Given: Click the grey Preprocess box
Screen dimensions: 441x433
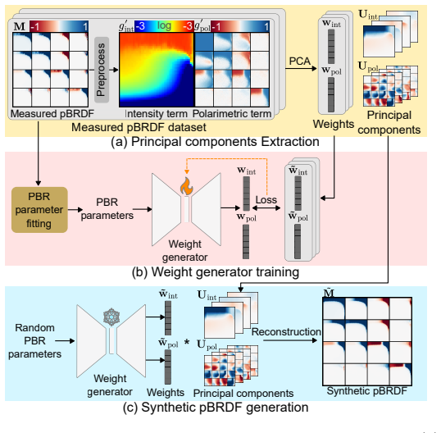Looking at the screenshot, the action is click(x=102, y=70).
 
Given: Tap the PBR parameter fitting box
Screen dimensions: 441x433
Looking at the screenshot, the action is click(x=39, y=210).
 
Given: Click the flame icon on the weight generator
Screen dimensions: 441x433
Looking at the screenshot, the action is click(x=186, y=186).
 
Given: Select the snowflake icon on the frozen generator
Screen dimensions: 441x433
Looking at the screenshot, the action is click(x=111, y=317).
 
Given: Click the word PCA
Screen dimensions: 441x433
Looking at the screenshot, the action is click(x=300, y=61).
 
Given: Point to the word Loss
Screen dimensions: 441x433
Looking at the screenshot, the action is click(x=266, y=200).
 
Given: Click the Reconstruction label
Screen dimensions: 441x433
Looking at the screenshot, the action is click(x=286, y=331).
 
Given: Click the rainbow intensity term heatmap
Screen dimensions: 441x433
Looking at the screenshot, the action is click(x=157, y=70).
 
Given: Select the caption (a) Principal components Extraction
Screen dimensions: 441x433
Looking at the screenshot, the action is click(x=215, y=142).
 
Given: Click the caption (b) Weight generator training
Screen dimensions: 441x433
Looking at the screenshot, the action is click(x=216, y=272).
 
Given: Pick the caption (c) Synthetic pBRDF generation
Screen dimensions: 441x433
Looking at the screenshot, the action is click(x=216, y=407).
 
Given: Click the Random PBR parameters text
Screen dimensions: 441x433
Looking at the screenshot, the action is click(x=34, y=340).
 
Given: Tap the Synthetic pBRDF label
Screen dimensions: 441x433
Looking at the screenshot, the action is click(x=367, y=391).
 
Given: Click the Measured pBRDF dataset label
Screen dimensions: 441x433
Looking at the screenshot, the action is click(x=139, y=127).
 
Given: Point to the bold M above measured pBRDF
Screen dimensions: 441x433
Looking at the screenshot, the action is click(x=20, y=26).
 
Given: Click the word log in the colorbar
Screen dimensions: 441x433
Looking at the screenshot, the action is click(x=164, y=25).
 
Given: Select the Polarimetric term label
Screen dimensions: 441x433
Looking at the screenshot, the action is click(x=232, y=114).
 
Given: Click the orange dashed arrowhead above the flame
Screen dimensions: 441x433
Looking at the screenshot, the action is click(x=186, y=171).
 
